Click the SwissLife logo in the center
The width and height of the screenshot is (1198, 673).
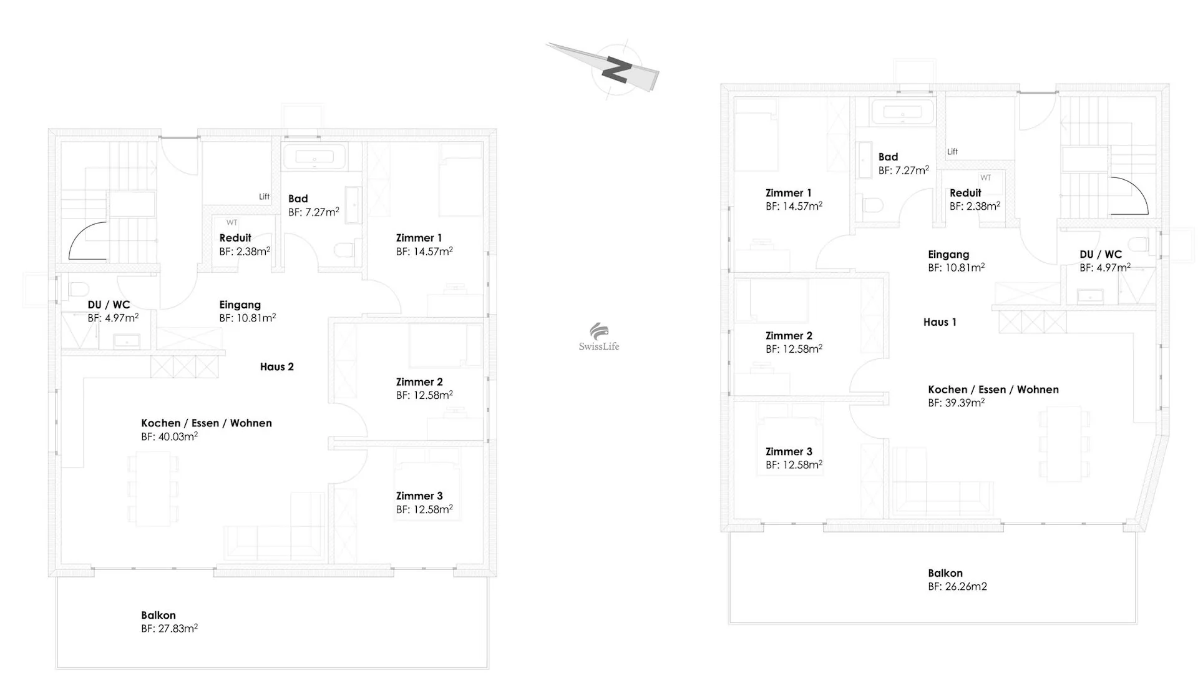(x=599, y=338)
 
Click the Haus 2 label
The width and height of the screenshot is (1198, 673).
(x=277, y=367)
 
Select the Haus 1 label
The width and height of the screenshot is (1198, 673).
(x=940, y=322)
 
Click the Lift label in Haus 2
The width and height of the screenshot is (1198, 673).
(x=265, y=197)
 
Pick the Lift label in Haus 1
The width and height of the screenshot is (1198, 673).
(x=952, y=152)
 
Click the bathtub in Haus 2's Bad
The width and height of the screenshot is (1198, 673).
(x=314, y=157)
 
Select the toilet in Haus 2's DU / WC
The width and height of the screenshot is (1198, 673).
(x=78, y=290)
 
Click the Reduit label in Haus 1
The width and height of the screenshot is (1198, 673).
(x=965, y=193)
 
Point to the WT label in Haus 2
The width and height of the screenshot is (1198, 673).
(x=232, y=222)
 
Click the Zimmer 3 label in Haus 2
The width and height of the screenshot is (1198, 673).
(x=419, y=496)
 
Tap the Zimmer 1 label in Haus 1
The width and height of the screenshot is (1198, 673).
(x=789, y=193)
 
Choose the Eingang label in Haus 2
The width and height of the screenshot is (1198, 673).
(x=240, y=305)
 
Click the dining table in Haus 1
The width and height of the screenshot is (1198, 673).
(x=1064, y=443)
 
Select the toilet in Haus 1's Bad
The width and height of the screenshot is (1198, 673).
(x=872, y=205)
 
